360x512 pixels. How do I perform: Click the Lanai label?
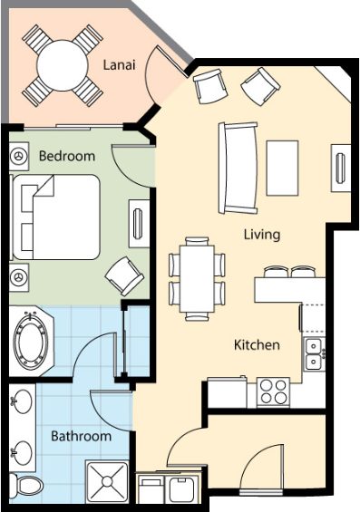pos(119,64)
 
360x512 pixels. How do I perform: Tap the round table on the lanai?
pos(63,65)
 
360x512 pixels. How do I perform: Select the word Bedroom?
pos(67,156)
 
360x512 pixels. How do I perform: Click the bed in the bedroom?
pos(56,217)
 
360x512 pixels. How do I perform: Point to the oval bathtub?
pos(31,342)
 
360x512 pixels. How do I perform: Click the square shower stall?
pos(107,481)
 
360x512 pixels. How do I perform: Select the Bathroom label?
pos(82,436)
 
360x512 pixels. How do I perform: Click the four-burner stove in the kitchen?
pos(273,392)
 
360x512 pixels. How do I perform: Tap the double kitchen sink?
pos(314,353)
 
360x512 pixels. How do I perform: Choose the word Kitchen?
pos(257,345)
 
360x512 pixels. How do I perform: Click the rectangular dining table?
pos(197,278)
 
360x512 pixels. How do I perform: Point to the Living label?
pos(262,235)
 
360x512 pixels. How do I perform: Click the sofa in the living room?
pos(238,169)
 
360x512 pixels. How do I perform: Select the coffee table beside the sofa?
pos(282,169)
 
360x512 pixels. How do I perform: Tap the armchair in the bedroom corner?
pos(124,275)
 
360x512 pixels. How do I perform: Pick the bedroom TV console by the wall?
pos(139,224)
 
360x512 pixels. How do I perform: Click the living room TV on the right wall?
pos(341,169)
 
